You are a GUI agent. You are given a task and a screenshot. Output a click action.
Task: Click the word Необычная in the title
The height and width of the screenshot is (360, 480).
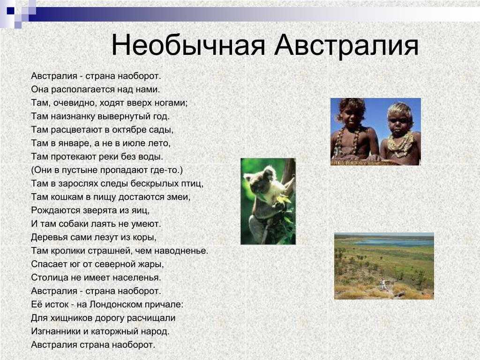(x=188, y=45)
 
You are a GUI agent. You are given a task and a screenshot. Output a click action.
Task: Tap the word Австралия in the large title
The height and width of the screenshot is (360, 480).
(x=346, y=45)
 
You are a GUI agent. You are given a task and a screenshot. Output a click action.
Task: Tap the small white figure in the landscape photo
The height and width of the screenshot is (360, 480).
(x=382, y=285)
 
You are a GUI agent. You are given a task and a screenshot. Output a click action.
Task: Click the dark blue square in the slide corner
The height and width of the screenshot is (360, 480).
(x=10, y=11)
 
